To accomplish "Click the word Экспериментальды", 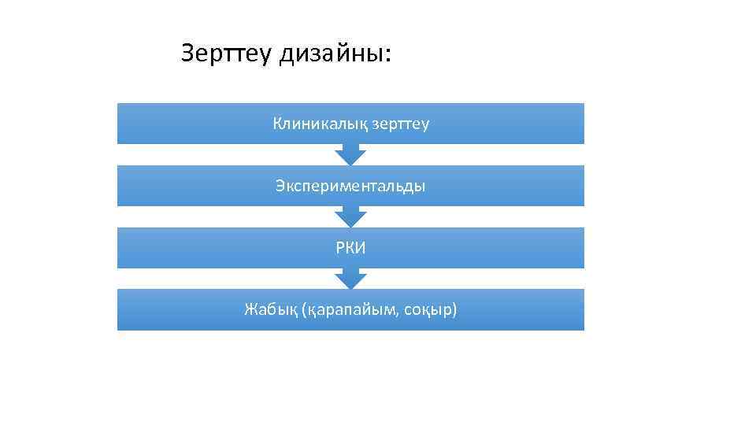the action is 350,186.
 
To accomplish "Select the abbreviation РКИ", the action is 350,248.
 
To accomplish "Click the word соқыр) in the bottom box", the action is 432,310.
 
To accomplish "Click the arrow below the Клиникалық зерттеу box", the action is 350,154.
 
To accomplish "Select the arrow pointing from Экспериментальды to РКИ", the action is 350,216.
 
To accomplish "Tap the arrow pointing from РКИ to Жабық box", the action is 350,279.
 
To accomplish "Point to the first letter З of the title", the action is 187,54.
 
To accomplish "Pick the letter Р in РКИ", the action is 339,248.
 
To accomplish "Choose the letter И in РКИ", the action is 361,248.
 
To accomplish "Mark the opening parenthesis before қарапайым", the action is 304,310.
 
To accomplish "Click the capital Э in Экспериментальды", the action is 280,186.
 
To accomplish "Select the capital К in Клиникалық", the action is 277,124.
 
